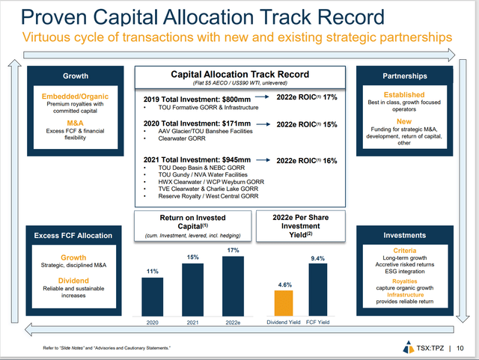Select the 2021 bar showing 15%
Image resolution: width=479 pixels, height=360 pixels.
click(192, 290)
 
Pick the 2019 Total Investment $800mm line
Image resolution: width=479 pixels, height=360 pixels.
click(192, 98)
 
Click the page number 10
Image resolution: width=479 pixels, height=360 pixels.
click(460, 348)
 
